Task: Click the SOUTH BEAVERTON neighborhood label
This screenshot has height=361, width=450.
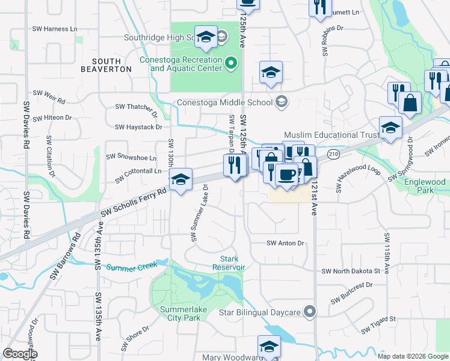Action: click(112, 65)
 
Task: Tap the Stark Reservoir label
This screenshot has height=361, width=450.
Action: click(229, 263)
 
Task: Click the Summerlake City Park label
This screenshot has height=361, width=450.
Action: click(181, 313)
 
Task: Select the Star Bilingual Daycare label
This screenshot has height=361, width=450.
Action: click(259, 312)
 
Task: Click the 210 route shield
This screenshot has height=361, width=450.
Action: click(333, 155)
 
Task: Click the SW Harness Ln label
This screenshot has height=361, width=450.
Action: click(56, 29)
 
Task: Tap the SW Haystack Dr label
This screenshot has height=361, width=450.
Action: click(139, 127)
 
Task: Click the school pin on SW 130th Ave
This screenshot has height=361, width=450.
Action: click(180, 179)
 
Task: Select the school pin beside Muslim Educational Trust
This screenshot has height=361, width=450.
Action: click(390, 128)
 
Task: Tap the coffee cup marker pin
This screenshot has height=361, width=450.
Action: click(286, 175)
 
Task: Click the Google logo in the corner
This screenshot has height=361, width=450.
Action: click(20, 354)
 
